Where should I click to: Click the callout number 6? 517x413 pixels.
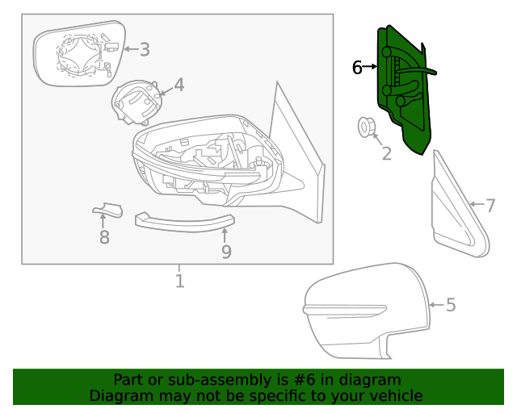point(357,68)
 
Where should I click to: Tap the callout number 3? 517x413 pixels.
point(145,50)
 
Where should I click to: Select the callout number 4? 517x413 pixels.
point(179,85)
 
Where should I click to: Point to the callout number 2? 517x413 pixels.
point(386,153)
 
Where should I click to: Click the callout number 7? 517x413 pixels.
point(490,206)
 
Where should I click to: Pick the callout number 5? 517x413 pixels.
point(451,305)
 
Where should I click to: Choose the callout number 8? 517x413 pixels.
point(104,237)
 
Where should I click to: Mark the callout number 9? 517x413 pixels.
point(226,252)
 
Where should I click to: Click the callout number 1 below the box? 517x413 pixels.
point(179,281)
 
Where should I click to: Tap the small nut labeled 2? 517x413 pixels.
point(365,127)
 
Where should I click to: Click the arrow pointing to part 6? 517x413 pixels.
point(372,66)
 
